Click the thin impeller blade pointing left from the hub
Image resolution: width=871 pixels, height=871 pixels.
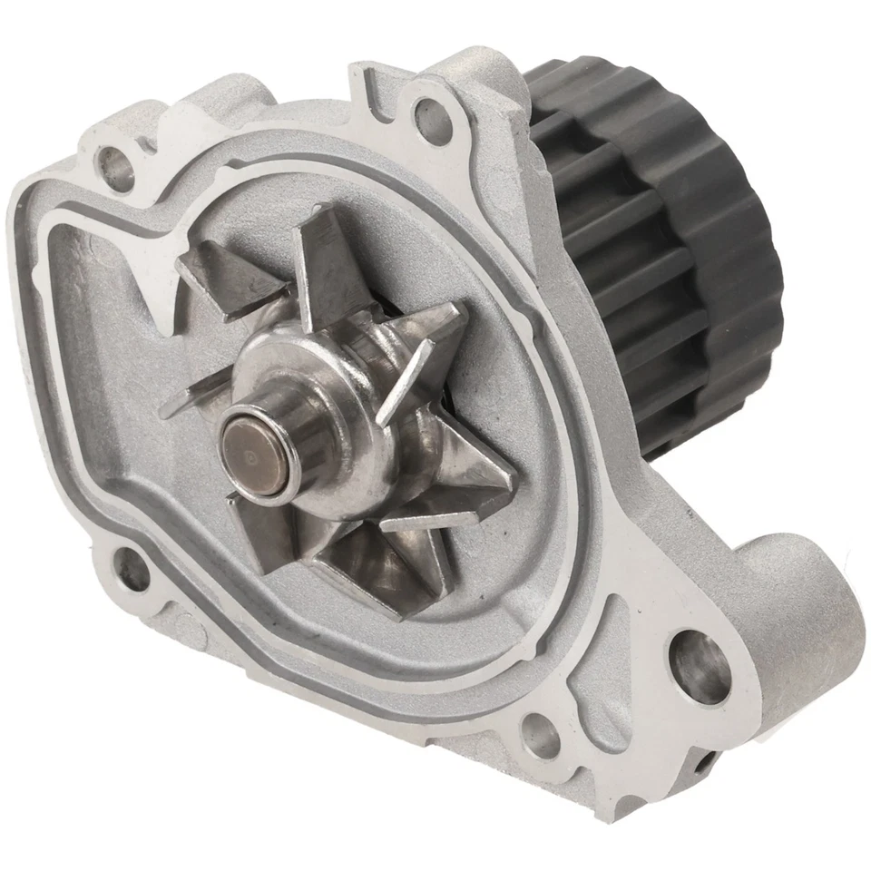pyautogui.click(x=195, y=400)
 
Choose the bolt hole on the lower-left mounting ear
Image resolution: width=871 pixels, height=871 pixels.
pyautogui.click(x=131, y=570)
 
